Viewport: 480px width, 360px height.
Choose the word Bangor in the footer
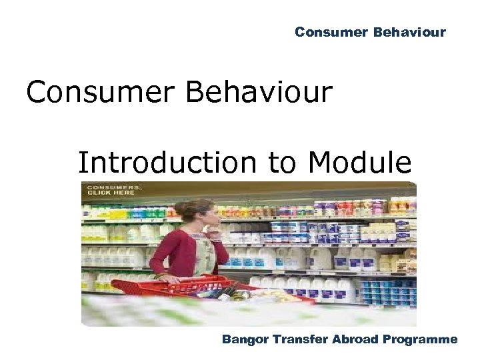pyautogui.click(x=243, y=340)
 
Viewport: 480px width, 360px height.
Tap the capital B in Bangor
pyautogui.click(x=227, y=339)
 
